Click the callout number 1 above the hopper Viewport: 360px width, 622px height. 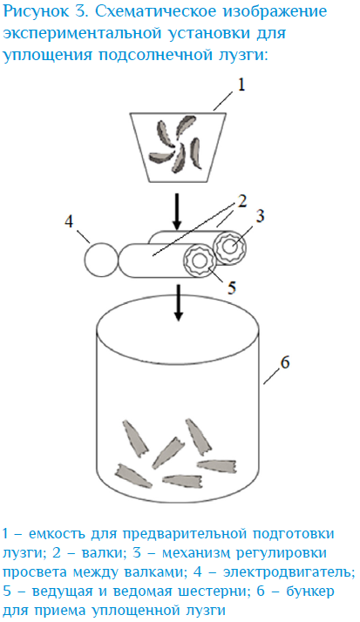241,85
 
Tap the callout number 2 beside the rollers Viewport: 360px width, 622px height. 241,201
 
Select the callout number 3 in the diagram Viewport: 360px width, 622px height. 259,216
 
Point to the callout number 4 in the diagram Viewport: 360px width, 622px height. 69,222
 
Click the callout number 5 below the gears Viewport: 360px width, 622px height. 231,287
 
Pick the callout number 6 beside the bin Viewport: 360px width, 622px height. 284,362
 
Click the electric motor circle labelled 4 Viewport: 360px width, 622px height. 101,260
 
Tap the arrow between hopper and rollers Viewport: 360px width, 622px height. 178,209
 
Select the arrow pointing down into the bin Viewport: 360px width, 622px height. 179,302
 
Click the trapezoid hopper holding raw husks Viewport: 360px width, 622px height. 178,146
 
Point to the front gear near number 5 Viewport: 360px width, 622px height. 199,261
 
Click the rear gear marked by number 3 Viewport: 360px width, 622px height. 230,247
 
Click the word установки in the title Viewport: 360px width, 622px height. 221,34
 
